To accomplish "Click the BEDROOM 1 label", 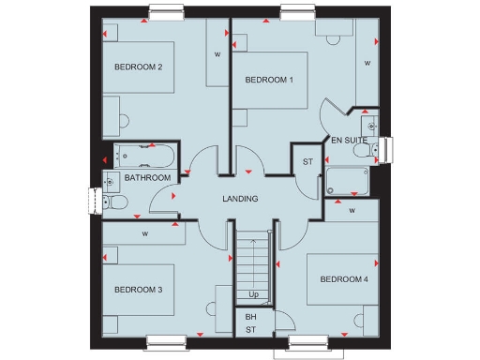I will tap(269, 80).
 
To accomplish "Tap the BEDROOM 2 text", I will tap(139, 67).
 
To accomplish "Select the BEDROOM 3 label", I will tap(139, 290).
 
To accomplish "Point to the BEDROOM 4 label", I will tap(344, 279).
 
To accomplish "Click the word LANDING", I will tap(240, 199).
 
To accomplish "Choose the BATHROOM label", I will tap(148, 178).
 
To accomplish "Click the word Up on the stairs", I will tap(254, 295).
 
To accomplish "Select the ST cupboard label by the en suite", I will tap(307, 162).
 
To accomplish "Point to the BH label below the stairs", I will tap(251, 317).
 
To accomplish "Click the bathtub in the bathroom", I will tap(141, 157).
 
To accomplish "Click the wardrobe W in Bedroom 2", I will tap(217, 54).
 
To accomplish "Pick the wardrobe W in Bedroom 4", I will tap(352, 211).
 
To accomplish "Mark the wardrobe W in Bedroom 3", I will tap(145, 233).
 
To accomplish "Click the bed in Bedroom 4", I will tap(342, 279).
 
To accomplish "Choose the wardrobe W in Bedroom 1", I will tap(367, 64).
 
